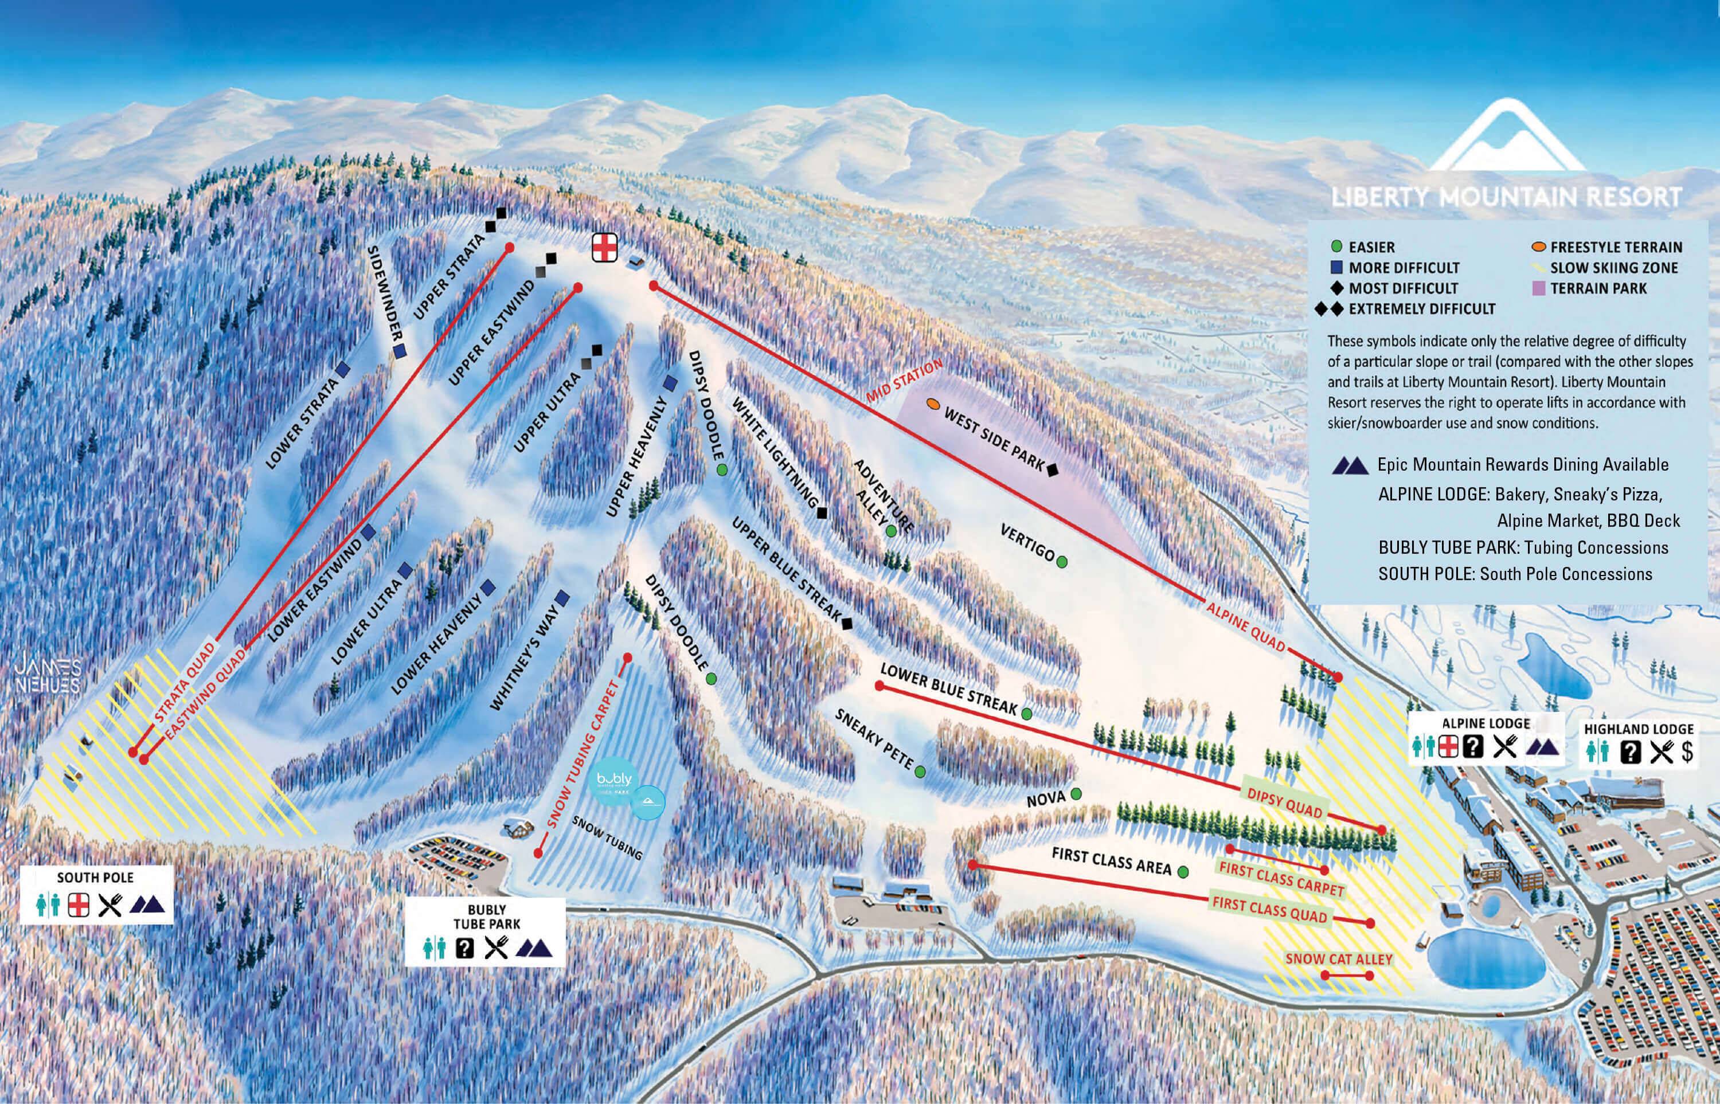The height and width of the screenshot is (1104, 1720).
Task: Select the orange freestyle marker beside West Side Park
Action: pos(933,404)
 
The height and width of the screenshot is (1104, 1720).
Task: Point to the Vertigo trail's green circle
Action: pos(1062,562)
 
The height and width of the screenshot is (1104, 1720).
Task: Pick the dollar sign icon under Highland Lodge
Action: pos(1688,751)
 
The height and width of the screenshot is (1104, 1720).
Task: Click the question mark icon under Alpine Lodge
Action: pos(1473,747)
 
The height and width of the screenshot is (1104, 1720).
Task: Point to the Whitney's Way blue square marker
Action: pos(562,597)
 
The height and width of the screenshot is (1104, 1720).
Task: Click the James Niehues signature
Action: pos(48,675)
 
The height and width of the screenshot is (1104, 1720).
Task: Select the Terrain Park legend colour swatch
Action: pos(1538,289)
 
